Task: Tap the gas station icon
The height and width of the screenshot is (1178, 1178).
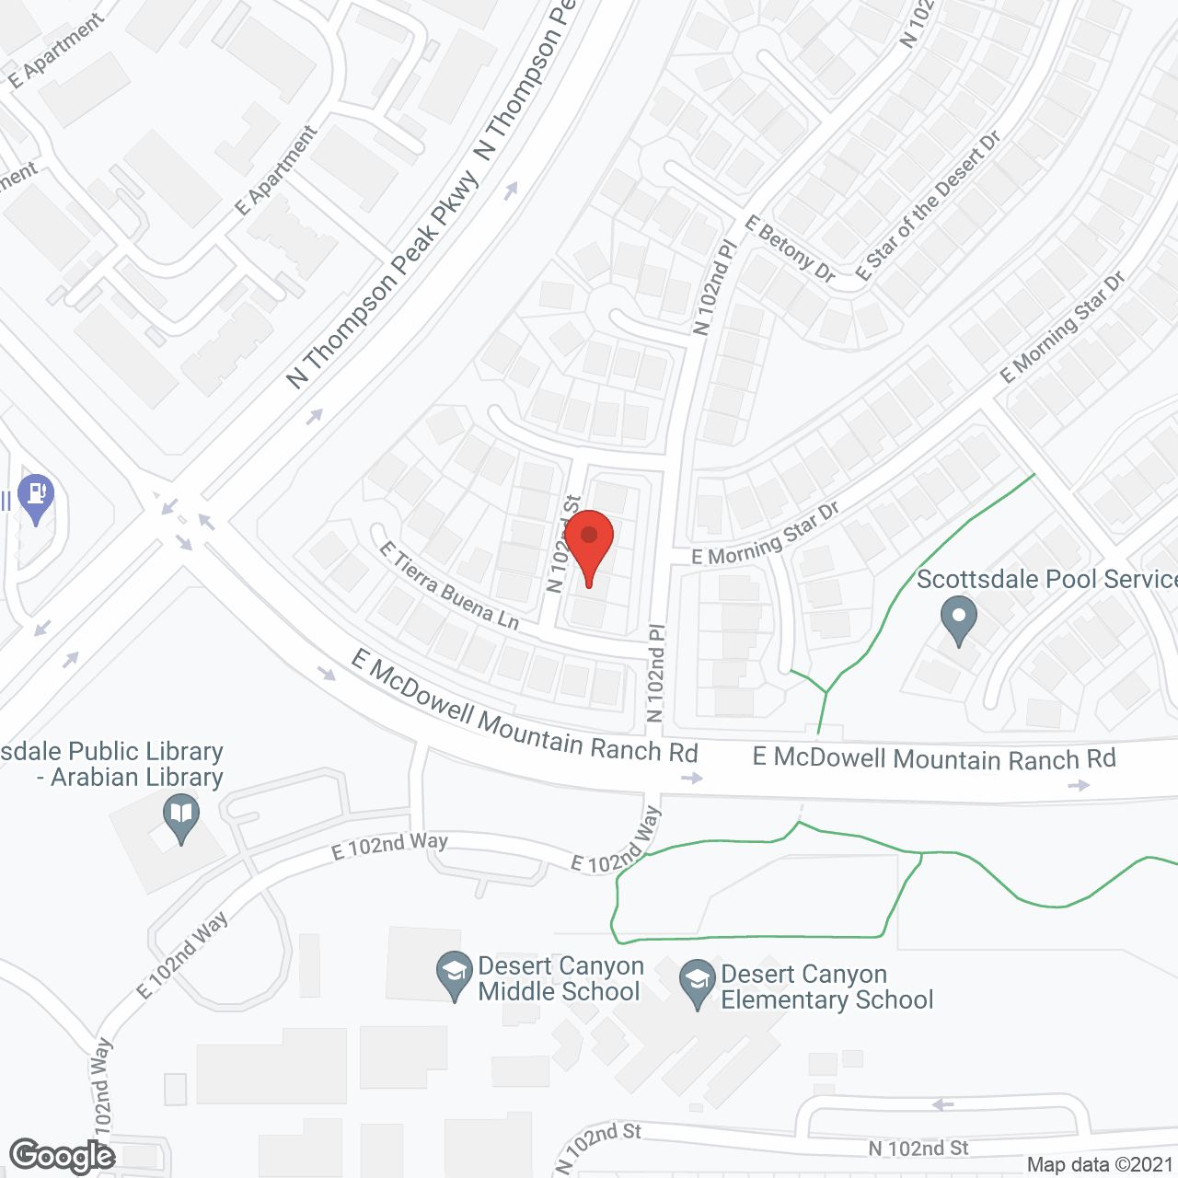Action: tap(36, 496)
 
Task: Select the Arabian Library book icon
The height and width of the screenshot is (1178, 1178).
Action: tap(181, 816)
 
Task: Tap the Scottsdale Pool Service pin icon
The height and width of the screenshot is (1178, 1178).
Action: tap(958, 618)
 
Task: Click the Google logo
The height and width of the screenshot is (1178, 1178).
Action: tap(62, 1156)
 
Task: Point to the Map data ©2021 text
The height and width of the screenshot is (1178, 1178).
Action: tap(1101, 1165)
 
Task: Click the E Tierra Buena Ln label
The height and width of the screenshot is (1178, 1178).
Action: tap(449, 586)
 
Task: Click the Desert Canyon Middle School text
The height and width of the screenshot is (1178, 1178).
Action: tap(560, 979)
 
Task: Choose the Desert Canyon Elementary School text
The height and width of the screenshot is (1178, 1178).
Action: tap(826, 987)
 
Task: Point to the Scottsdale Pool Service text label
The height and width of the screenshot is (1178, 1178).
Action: tap(1046, 579)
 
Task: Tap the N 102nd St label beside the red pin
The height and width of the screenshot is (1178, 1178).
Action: tap(563, 544)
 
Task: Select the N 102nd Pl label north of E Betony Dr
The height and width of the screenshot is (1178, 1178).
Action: tap(715, 287)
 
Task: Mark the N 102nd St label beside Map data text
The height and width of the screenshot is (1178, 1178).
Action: tap(918, 1149)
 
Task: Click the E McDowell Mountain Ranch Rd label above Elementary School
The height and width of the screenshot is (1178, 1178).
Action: tap(934, 759)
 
